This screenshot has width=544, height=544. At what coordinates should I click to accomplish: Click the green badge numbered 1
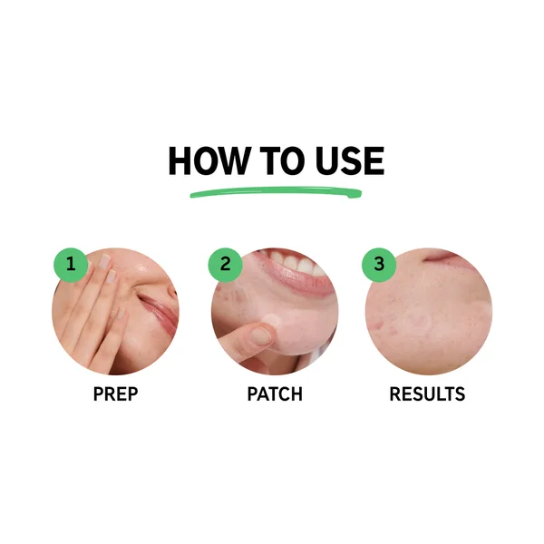(71, 266)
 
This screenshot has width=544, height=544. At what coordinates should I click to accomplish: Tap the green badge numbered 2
(225, 266)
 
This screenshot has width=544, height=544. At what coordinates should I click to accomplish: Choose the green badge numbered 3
(379, 266)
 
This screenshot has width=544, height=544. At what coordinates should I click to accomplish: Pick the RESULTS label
(427, 394)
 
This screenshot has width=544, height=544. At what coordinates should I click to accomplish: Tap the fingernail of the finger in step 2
(261, 336)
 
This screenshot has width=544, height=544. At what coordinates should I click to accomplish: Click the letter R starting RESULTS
(394, 394)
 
